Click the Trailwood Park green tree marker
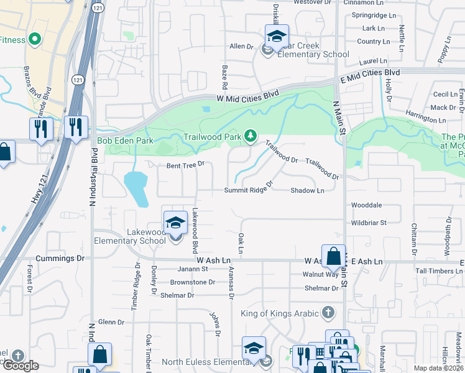[250, 136]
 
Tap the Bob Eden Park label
[125, 141]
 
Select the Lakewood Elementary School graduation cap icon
[176, 222]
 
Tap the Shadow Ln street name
[307, 191]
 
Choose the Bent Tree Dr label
[185, 165]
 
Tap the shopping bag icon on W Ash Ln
[334, 256]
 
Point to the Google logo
[21, 366]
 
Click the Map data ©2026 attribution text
[438, 368]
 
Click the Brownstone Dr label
[192, 282]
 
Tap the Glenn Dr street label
[112, 323]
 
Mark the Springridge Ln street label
[374, 15]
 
